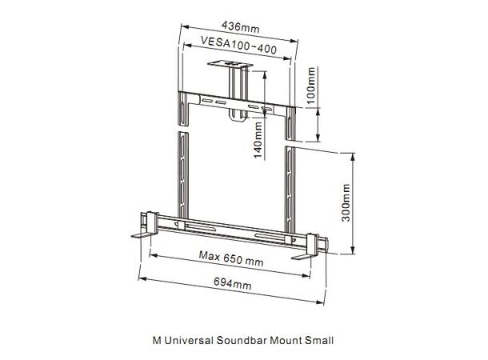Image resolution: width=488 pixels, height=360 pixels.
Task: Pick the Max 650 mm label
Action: [231, 260]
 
